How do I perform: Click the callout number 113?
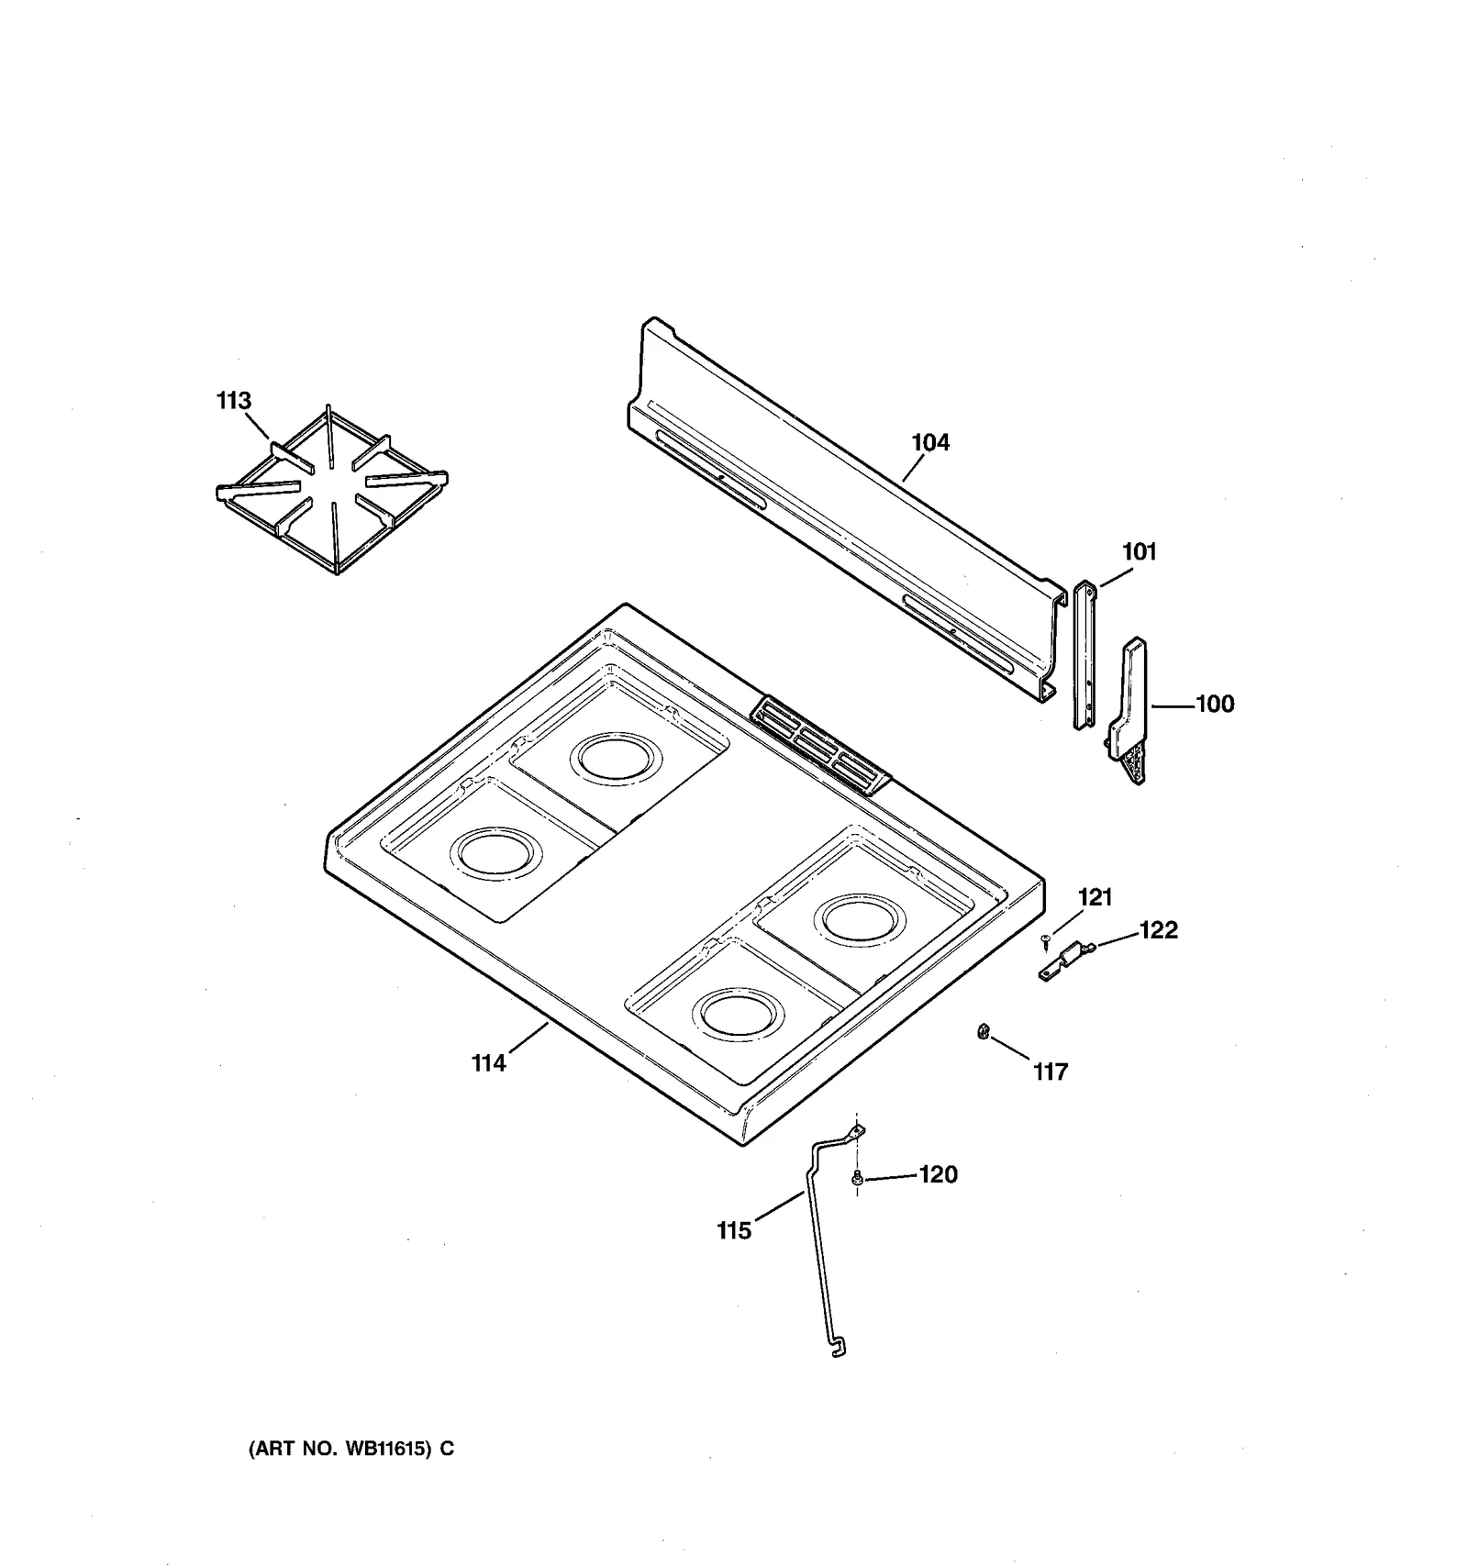[233, 401]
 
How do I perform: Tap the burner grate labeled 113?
[332, 491]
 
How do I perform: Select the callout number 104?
[930, 442]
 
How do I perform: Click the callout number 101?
[1139, 551]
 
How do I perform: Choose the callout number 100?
[1215, 704]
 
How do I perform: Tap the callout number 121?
[1095, 896]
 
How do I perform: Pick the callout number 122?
[1158, 929]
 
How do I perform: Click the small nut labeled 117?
[982, 1031]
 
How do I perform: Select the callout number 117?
[1050, 1072]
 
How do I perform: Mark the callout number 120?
[938, 1174]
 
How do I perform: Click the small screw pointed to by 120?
[857, 1178]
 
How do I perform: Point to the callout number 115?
[734, 1230]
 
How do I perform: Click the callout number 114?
[488, 1062]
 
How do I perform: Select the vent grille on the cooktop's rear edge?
[820, 744]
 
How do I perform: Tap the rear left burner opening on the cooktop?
[615, 758]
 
